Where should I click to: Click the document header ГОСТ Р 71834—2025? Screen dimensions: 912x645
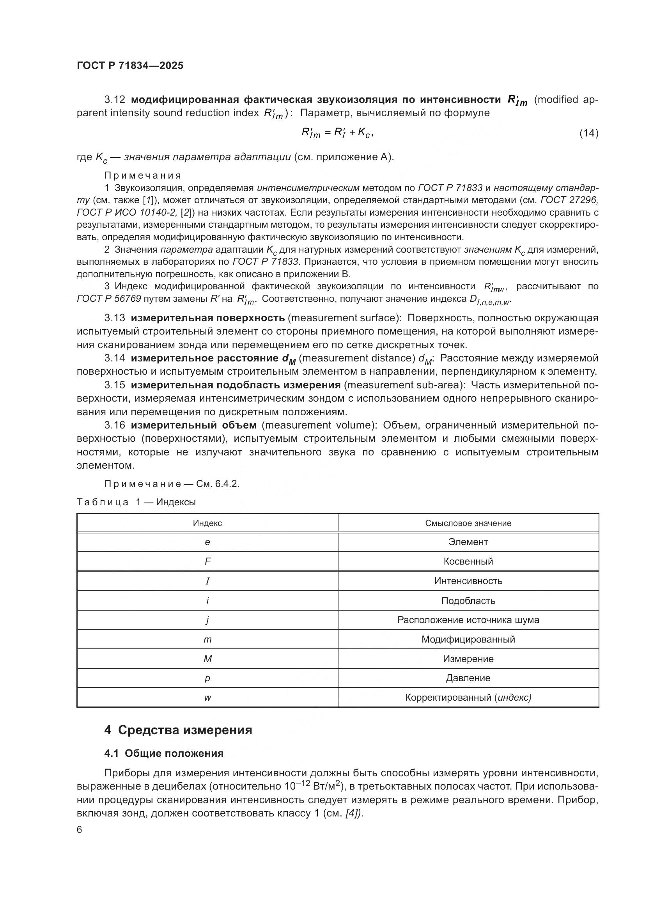[130, 66]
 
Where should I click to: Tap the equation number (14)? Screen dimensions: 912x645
[588, 133]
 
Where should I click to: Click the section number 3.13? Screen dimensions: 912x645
[115, 318]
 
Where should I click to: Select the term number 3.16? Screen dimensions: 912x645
[115, 425]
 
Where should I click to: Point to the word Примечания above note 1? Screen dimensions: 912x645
[143, 175]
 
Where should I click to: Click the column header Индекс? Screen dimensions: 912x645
[207, 523]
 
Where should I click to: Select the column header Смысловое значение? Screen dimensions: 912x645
[468, 523]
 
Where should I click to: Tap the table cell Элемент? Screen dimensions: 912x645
[468, 542]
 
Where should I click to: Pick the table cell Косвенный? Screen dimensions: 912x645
[468, 561]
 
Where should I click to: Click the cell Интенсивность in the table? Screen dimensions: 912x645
[468, 581]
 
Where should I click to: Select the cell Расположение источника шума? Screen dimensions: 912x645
[468, 620]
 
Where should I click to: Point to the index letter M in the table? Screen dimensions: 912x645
[207, 659]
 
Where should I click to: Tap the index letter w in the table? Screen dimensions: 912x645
[207, 698]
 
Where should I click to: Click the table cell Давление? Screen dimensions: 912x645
[468, 678]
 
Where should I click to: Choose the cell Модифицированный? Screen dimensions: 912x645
[468, 639]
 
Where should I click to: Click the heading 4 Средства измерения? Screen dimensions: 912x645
[178, 730]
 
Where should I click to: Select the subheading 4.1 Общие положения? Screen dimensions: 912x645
[164, 754]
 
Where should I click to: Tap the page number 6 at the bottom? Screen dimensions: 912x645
[80, 830]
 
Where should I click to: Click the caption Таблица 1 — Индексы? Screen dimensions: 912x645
[136, 503]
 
